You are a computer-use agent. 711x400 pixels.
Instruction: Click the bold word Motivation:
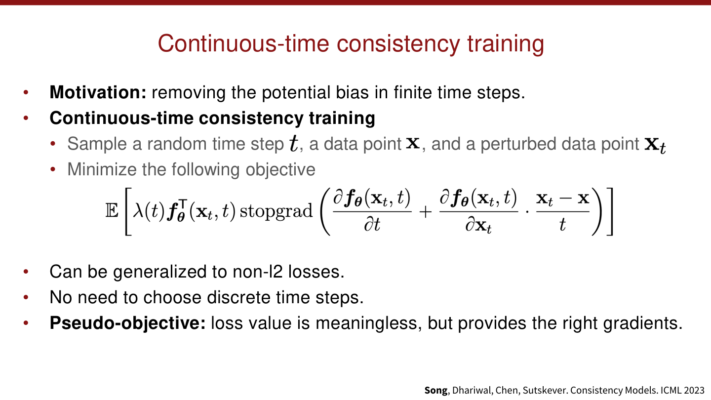pyautogui.click(x=98, y=92)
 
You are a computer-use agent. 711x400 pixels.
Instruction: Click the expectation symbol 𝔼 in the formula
pyautogui.click(x=112, y=211)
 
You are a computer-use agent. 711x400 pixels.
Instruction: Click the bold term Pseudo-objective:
pyautogui.click(x=127, y=323)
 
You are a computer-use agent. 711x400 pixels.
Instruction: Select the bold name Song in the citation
pyautogui.click(x=436, y=390)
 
